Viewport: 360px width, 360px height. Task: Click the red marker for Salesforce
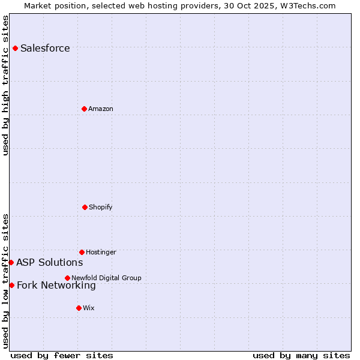pos(15,48)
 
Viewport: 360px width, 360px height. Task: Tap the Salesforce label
pos(45,49)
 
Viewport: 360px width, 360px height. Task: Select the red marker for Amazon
pos(84,109)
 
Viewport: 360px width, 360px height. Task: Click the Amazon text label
pos(101,109)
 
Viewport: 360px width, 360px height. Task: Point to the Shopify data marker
pos(85,207)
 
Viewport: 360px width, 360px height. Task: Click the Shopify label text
pos(101,207)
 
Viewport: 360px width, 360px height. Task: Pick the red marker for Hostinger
pos(82,252)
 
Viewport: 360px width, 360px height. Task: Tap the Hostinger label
pos(101,252)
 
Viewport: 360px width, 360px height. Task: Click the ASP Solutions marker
pos(11,262)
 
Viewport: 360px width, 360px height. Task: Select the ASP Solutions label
pos(49,262)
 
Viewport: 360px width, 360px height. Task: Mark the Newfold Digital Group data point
pos(67,278)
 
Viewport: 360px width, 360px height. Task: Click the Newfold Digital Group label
pos(106,278)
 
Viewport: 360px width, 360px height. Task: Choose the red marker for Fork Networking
pos(11,285)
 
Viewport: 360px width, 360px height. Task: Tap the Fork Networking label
pos(56,286)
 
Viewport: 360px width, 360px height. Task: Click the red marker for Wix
pos(79,308)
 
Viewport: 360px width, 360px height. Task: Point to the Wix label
pos(89,308)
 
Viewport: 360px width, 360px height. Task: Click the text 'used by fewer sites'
pos(62,355)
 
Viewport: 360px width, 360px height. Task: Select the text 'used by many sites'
pos(301,355)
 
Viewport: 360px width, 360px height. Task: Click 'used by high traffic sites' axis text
pos(5,85)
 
